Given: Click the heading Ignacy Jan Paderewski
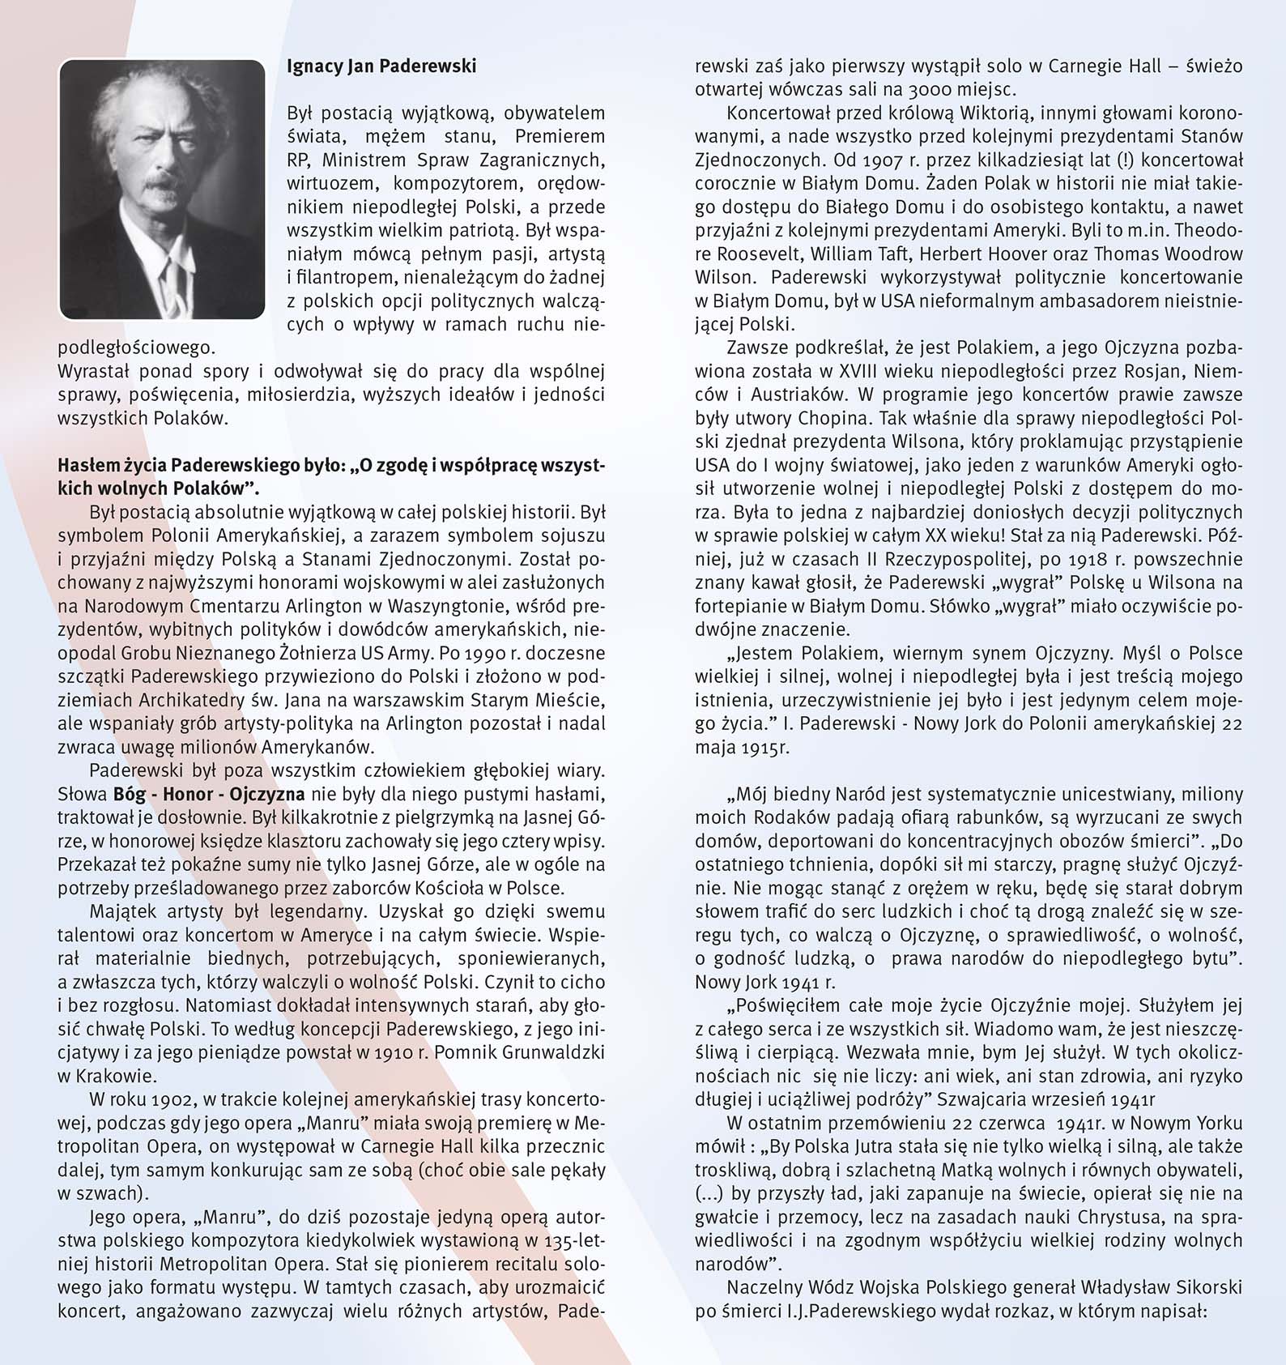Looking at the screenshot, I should point(381,66).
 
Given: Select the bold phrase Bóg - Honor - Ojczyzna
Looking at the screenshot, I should point(209,794).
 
